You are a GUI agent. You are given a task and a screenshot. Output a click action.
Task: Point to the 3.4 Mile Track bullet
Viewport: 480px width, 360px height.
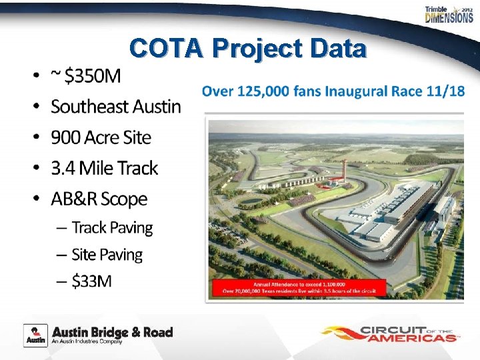pos(104,168)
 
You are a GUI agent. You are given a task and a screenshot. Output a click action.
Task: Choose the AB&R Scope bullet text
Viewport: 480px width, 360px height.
pos(99,199)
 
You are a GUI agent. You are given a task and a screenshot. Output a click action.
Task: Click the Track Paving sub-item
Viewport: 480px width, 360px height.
pos(112,228)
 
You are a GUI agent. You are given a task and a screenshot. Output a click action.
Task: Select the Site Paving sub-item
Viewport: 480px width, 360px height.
pos(107,255)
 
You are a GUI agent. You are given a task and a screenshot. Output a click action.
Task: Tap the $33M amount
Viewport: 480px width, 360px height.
pos(92,281)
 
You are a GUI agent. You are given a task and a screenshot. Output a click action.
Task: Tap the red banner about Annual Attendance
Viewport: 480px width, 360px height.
pos(337,287)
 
